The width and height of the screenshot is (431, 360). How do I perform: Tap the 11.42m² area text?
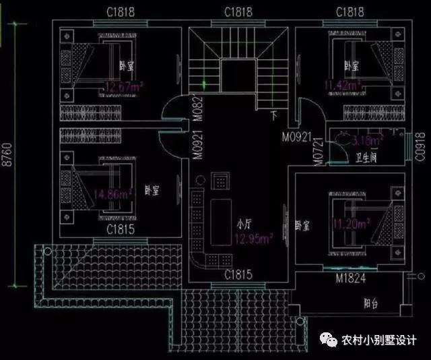pos(341,85)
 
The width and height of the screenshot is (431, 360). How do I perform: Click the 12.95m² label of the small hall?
pos(253,238)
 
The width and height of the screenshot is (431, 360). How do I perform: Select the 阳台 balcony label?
pos(370,304)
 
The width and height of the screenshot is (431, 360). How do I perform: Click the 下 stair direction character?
pos(273,115)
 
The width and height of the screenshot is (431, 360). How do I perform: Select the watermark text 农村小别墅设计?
pos(379,340)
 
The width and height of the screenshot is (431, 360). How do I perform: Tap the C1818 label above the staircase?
pos(238,12)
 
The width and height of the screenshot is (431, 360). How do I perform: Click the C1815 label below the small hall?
pos(238,274)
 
